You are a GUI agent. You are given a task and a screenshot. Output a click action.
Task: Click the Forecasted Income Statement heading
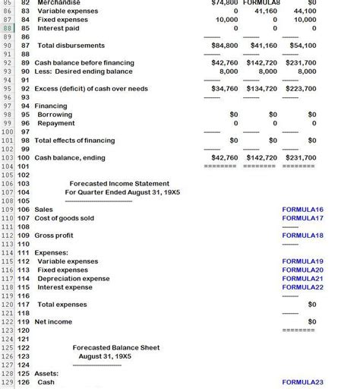click(x=125, y=184)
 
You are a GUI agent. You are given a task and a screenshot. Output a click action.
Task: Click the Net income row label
click(x=53, y=321)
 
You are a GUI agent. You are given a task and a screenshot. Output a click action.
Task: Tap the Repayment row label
click(x=56, y=123)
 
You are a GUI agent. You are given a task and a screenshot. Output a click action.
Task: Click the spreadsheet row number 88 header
click(x=8, y=28)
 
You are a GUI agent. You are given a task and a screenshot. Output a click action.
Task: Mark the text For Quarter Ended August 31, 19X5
click(x=122, y=192)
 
